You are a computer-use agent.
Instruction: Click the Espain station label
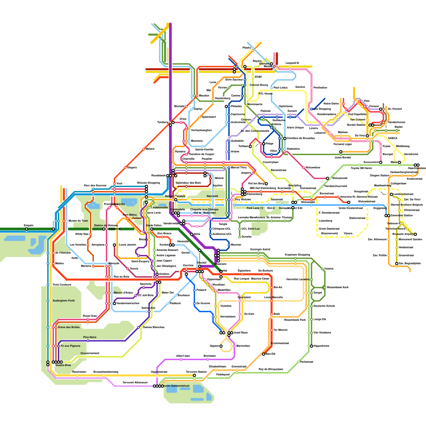28,226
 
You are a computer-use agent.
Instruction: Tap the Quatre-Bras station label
63,365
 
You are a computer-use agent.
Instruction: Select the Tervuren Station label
196,372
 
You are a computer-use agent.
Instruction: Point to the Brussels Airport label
403,234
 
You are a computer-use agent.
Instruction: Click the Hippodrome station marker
312,346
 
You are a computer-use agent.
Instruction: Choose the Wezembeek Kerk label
338,288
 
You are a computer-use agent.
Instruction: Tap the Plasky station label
247,48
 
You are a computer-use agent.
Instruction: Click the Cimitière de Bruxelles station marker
285,138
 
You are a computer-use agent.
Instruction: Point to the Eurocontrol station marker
381,162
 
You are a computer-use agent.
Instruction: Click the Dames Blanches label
154,327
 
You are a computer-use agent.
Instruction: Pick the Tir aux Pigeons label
70,346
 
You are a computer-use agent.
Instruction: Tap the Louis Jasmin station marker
114,245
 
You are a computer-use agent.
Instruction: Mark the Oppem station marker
221,346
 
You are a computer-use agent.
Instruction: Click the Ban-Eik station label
271,354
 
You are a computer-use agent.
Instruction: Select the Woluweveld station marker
327,178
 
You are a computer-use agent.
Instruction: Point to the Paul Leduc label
281,88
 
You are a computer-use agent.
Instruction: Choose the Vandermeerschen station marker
114,304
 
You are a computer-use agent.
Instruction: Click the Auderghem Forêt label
64,301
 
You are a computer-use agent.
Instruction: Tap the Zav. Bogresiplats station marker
397,264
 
